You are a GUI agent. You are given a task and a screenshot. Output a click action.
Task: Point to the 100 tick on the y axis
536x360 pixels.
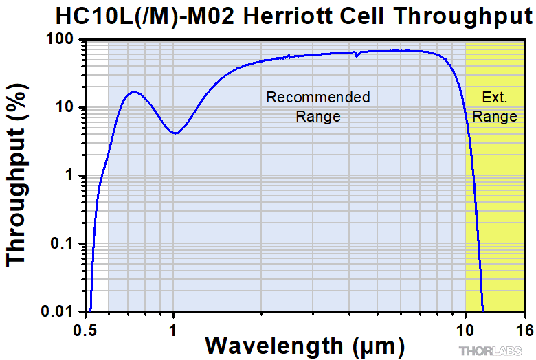pos(63,40)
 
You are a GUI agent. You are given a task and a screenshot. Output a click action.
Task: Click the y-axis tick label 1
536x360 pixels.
pos(71,175)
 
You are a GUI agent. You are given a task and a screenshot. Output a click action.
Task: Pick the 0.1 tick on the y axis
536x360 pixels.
pos(65,243)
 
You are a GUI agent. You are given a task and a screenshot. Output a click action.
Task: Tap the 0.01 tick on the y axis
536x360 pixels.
pos(61,311)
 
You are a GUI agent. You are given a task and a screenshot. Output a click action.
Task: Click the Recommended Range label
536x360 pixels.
pos(318,106)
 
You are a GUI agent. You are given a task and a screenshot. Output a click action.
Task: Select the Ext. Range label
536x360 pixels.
pos(495,106)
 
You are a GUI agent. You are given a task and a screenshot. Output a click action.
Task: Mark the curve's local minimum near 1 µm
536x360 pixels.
pos(176,133)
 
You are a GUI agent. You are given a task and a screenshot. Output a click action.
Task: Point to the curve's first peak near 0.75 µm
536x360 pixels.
pos(134,92)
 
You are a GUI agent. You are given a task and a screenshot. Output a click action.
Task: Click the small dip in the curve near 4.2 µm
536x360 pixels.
pos(357,55)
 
